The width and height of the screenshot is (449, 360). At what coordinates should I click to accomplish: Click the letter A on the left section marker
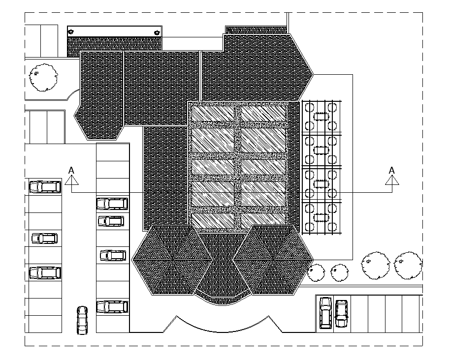coord(71,170)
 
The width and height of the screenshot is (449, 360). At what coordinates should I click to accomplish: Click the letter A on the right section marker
coord(392,170)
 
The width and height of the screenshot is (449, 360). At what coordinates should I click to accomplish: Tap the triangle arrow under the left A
coord(72,180)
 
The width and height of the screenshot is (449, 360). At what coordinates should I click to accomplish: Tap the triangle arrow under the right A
coord(392,180)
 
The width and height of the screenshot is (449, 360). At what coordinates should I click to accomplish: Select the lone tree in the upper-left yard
coord(43,77)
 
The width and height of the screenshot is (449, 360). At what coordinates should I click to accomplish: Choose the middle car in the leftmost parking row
coord(44,239)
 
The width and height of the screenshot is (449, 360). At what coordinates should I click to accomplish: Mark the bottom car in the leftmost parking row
coord(45,272)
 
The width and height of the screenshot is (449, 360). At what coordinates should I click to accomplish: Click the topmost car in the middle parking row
coord(112,203)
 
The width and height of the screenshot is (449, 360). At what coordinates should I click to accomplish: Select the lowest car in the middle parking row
coord(112,306)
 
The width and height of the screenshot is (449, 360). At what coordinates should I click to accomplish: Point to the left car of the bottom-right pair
coord(325,312)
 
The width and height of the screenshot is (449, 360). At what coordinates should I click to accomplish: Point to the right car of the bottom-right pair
coord(341,313)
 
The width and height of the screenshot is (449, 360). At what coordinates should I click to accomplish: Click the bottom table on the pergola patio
coord(321,217)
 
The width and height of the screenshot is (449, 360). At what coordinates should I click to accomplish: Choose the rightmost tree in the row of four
coord(408,266)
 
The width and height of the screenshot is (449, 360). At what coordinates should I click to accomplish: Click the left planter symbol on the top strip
coord(71,31)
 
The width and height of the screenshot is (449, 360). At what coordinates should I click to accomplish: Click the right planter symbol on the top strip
coord(157,32)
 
